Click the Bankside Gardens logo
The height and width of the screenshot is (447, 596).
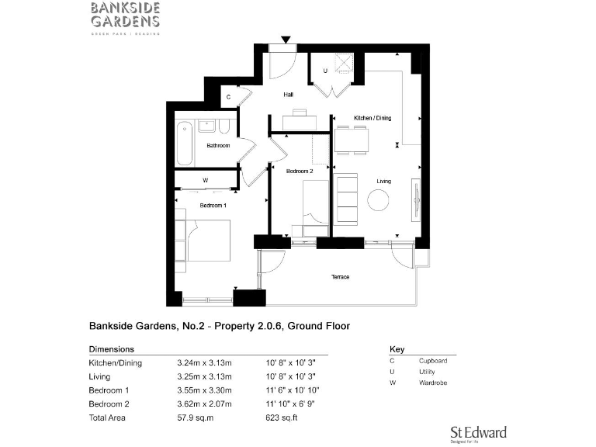point(125,18)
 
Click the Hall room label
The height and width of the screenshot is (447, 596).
point(288,95)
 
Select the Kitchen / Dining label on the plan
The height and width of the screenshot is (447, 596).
point(373,117)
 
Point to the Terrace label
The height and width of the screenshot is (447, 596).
point(341,277)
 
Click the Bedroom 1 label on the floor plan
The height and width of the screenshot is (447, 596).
point(213,206)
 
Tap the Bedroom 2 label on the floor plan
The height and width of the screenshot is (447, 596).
point(300,171)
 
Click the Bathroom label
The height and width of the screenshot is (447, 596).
point(218,145)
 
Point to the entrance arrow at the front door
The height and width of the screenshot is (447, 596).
point(286,40)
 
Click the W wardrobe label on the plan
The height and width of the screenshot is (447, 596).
point(205,181)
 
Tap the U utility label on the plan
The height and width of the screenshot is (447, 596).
point(325,71)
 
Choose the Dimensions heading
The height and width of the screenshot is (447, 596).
point(112,349)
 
